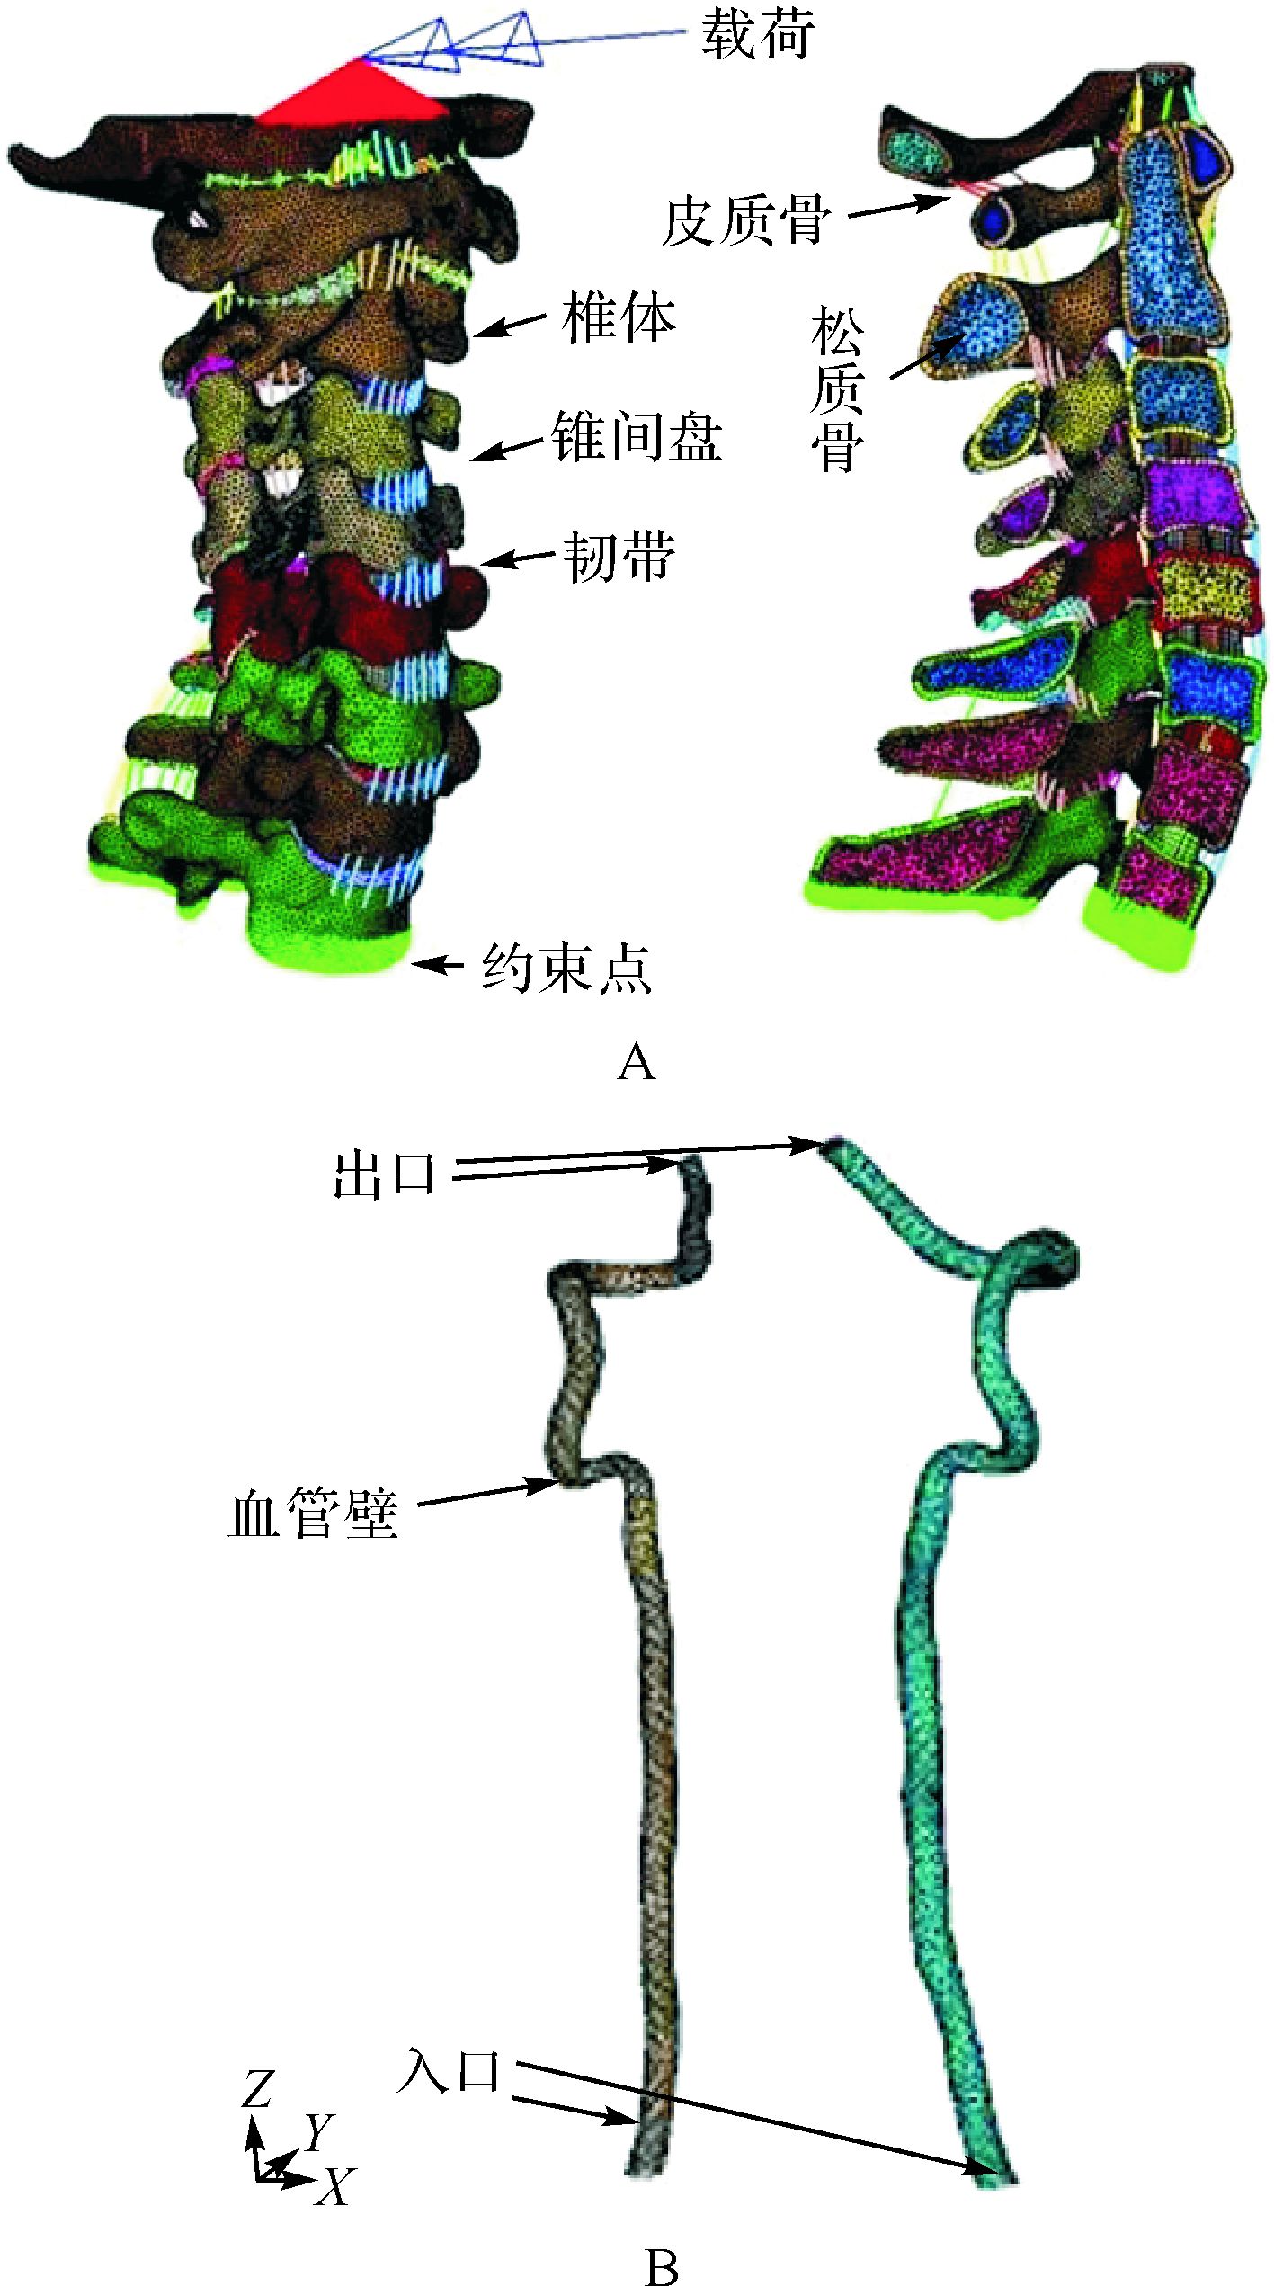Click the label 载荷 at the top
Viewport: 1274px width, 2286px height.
[x=759, y=37]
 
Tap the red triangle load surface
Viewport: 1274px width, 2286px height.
[x=352, y=94]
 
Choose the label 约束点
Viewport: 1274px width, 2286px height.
[x=566, y=968]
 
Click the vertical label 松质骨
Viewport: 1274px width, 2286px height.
[x=837, y=389]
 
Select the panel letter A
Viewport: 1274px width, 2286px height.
[x=637, y=1063]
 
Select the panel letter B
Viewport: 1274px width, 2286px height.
[x=662, y=2265]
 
